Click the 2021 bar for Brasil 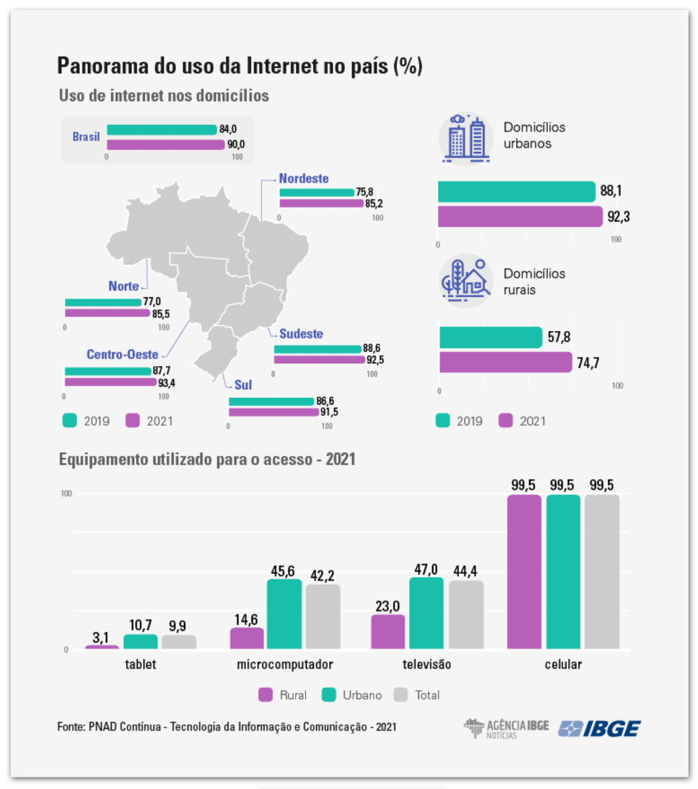[x=165, y=145]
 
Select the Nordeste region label [x=303, y=178]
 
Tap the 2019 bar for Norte [x=103, y=302]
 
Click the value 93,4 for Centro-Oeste [x=166, y=383]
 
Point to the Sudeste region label [x=301, y=334]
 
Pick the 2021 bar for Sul [x=274, y=412]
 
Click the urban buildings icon [x=466, y=138]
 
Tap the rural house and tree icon [x=465, y=281]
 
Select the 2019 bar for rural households [x=490, y=337]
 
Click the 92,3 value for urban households [x=618, y=217]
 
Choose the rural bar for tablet [x=102, y=647]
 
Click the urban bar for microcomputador [x=284, y=613]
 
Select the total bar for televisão [x=466, y=614]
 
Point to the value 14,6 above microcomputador [x=246, y=620]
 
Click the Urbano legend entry [x=352, y=695]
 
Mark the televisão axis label [x=427, y=664]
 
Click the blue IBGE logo [x=600, y=728]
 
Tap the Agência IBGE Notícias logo [x=506, y=728]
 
